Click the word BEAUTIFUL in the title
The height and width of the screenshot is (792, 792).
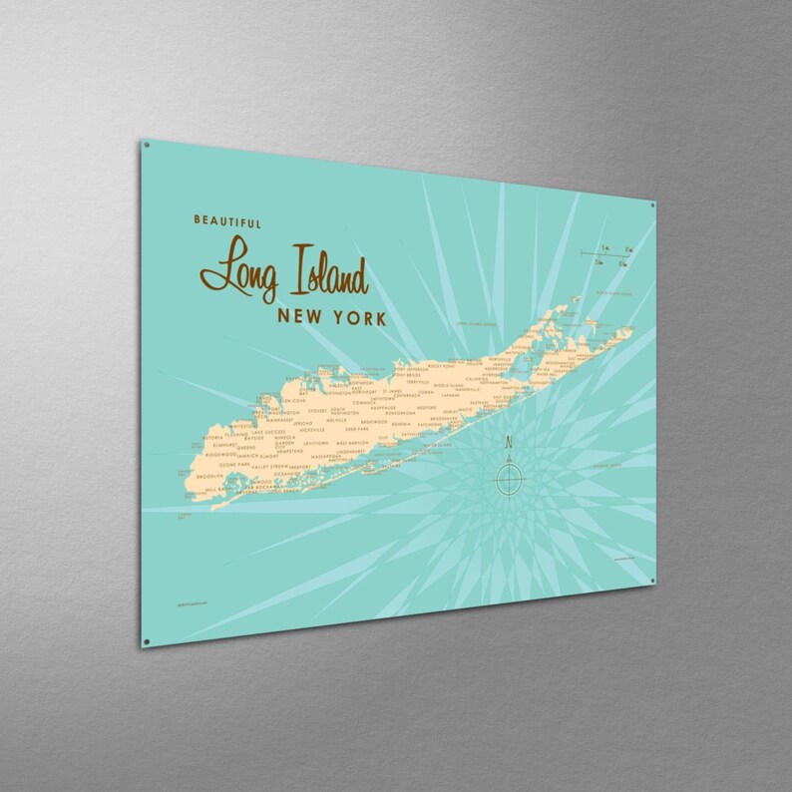click(228, 223)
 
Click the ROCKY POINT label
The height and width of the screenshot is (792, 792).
click(440, 367)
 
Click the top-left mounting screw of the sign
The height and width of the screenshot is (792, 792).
click(147, 146)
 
